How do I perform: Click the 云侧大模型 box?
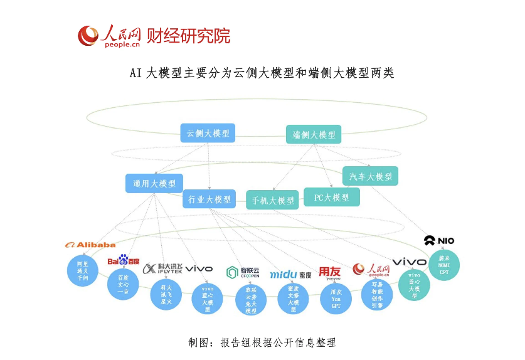pos(208,133)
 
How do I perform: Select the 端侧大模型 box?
pos(314,135)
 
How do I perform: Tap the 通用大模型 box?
pos(154,184)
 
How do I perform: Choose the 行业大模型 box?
pos(209,199)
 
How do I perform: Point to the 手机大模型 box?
pos(272,200)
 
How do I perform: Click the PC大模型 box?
pos(331,198)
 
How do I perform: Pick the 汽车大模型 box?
pos(370,176)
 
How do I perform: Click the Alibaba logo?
pos(90,245)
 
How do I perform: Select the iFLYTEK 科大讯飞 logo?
pos(162,269)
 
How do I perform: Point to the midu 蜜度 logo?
pos(290,275)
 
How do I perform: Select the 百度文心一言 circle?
pos(123,284)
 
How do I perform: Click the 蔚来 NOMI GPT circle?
pos(444,265)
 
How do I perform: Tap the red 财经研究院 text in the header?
pos(188,36)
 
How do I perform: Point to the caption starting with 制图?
pos(262,342)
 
